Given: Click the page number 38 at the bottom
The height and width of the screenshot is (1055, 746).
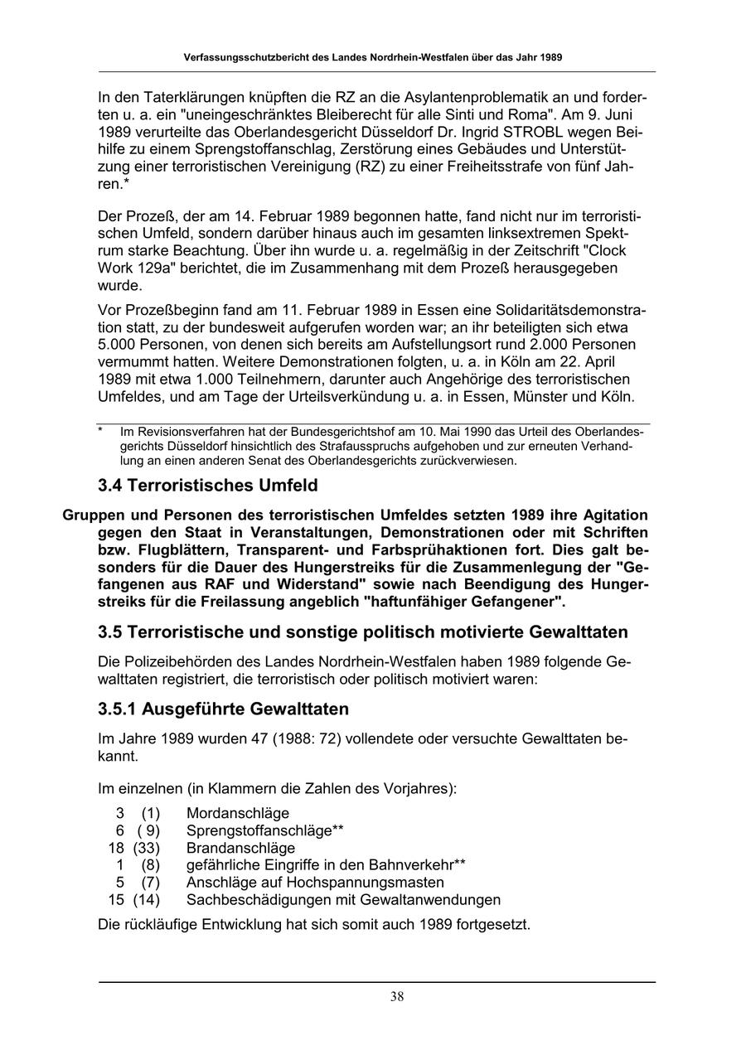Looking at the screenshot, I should [397, 996].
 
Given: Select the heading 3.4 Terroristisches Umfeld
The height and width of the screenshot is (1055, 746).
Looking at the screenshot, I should [207, 485].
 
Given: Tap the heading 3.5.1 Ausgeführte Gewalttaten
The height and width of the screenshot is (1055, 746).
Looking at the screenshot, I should [223, 709].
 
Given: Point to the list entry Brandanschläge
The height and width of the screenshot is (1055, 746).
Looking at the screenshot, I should [240, 848].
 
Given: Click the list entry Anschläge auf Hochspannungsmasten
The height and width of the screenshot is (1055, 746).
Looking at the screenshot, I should [315, 882].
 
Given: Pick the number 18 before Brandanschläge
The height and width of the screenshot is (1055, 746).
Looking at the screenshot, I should [116, 848].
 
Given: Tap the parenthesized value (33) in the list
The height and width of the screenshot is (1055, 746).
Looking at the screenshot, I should [147, 848].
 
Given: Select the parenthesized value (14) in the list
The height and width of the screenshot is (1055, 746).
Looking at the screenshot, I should [147, 899].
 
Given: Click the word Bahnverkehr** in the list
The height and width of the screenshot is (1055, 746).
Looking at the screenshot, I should [412, 864].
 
